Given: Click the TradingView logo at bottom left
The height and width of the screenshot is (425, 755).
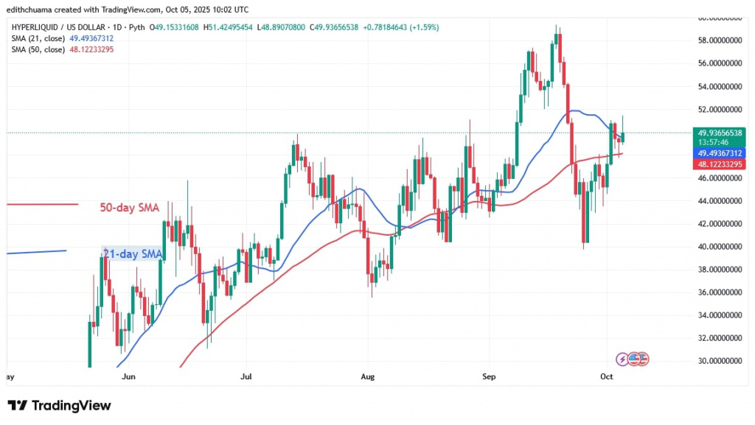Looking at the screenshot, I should pos(59,406).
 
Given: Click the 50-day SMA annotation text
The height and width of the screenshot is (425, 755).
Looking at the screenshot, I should pos(130,208).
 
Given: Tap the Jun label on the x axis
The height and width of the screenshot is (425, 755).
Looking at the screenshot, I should pos(128,376).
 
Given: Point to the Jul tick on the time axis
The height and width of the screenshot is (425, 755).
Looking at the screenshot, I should pos(246,376).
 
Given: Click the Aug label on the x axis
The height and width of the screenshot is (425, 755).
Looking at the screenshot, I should pos(368,376).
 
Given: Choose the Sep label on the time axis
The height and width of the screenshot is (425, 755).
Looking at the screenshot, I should pos(488,376).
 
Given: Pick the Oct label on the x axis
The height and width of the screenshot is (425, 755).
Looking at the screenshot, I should pos(607,376).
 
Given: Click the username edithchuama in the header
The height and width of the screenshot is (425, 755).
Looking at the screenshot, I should pos(30,10).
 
